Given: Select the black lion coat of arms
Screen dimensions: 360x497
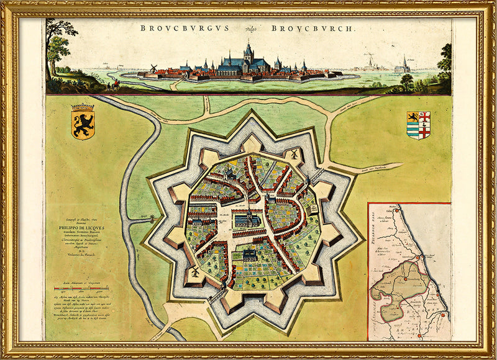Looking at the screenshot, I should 83,120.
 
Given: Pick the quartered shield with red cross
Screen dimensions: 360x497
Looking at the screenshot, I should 418,125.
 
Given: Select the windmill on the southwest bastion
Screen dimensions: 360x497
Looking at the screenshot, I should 194,272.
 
